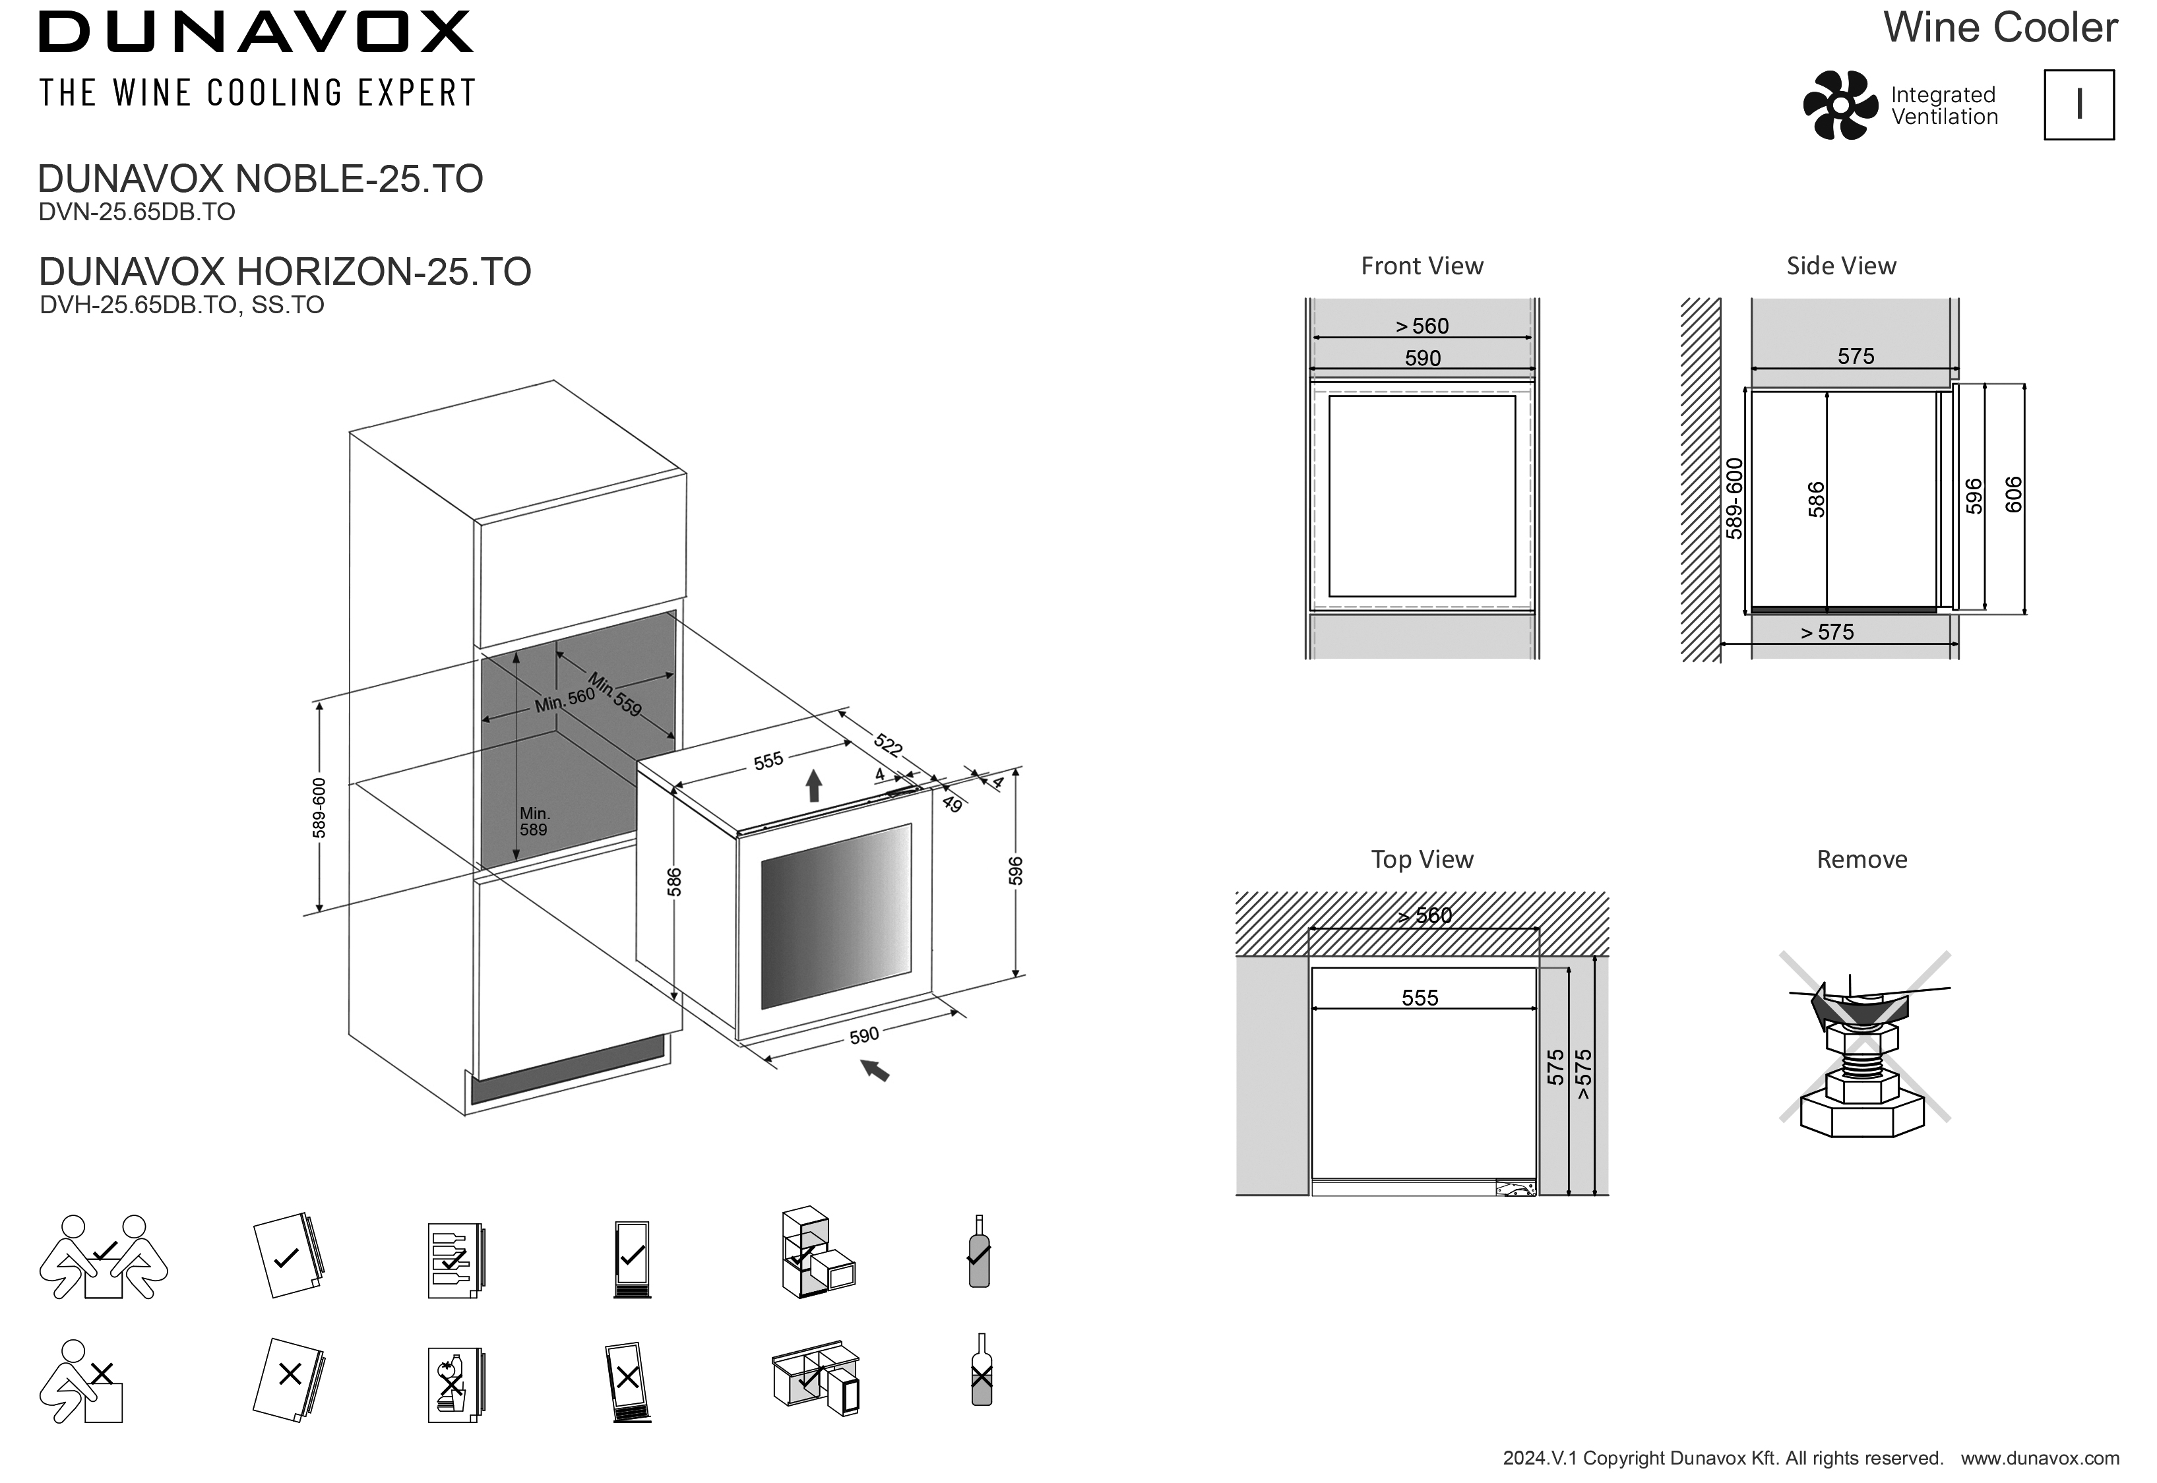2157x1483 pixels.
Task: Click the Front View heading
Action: coord(1422,266)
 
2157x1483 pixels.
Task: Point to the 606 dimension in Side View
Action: coord(2013,495)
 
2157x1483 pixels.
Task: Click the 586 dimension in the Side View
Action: coord(1816,499)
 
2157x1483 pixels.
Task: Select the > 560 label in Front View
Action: coord(1422,326)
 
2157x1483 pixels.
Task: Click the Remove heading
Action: coord(1861,859)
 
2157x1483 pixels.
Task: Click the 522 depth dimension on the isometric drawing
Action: coord(887,744)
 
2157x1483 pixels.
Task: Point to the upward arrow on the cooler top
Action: coord(814,785)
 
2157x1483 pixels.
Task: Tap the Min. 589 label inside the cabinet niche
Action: coord(534,822)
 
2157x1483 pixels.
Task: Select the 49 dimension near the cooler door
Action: coord(952,804)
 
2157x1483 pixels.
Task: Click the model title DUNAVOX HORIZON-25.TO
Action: coord(284,271)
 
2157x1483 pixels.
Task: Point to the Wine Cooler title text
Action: coord(2000,28)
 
